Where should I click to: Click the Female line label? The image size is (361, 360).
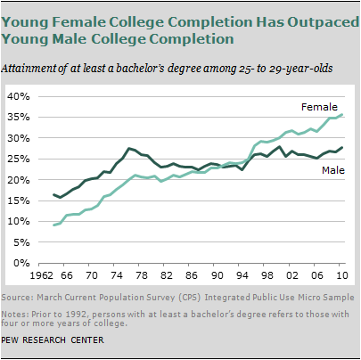click(319, 107)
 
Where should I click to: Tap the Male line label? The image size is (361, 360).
click(333, 170)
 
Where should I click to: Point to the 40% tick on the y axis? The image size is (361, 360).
click(19, 96)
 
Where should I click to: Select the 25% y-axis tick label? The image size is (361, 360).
click(19, 159)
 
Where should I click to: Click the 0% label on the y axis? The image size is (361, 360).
click(21, 263)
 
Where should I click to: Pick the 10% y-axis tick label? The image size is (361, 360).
click(19, 221)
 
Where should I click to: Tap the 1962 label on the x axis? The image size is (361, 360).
click(43, 275)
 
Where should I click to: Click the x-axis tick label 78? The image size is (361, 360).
click(142, 275)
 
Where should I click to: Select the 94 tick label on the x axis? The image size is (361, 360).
click(242, 275)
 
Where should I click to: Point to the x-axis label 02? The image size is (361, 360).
click(292, 275)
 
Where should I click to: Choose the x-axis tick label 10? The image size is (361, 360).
click(342, 275)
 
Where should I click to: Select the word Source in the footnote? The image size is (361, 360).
click(16, 298)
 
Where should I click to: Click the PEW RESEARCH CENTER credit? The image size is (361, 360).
click(53, 340)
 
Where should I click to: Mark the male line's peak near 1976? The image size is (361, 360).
click(129, 148)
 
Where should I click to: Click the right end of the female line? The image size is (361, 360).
click(342, 114)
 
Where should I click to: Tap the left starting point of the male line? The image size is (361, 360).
click(53, 194)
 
